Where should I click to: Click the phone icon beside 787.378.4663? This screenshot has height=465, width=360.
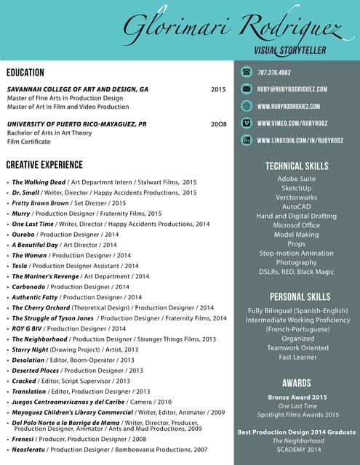click(247, 72)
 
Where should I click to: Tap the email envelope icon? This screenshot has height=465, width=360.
click(247, 89)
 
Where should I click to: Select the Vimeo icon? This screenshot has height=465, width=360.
click(247, 123)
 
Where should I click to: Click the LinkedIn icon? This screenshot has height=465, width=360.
click(247, 139)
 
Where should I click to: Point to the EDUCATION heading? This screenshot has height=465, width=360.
click(25, 73)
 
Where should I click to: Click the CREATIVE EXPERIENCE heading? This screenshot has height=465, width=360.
click(44, 165)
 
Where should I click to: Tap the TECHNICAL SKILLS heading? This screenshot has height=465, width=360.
click(297, 166)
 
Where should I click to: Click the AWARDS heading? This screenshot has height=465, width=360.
click(297, 383)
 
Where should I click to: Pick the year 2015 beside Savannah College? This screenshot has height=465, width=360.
click(218, 89)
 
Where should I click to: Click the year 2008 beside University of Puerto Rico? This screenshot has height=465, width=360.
click(218, 124)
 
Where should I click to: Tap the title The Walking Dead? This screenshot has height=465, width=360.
click(39, 182)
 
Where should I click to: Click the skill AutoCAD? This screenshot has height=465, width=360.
click(297, 207)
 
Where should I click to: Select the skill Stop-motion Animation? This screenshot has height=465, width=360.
click(297, 254)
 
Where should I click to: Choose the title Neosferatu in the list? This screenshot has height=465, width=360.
click(30, 450)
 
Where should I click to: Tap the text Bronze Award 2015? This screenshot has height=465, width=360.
click(297, 397)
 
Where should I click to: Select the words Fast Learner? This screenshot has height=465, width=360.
click(297, 357)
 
